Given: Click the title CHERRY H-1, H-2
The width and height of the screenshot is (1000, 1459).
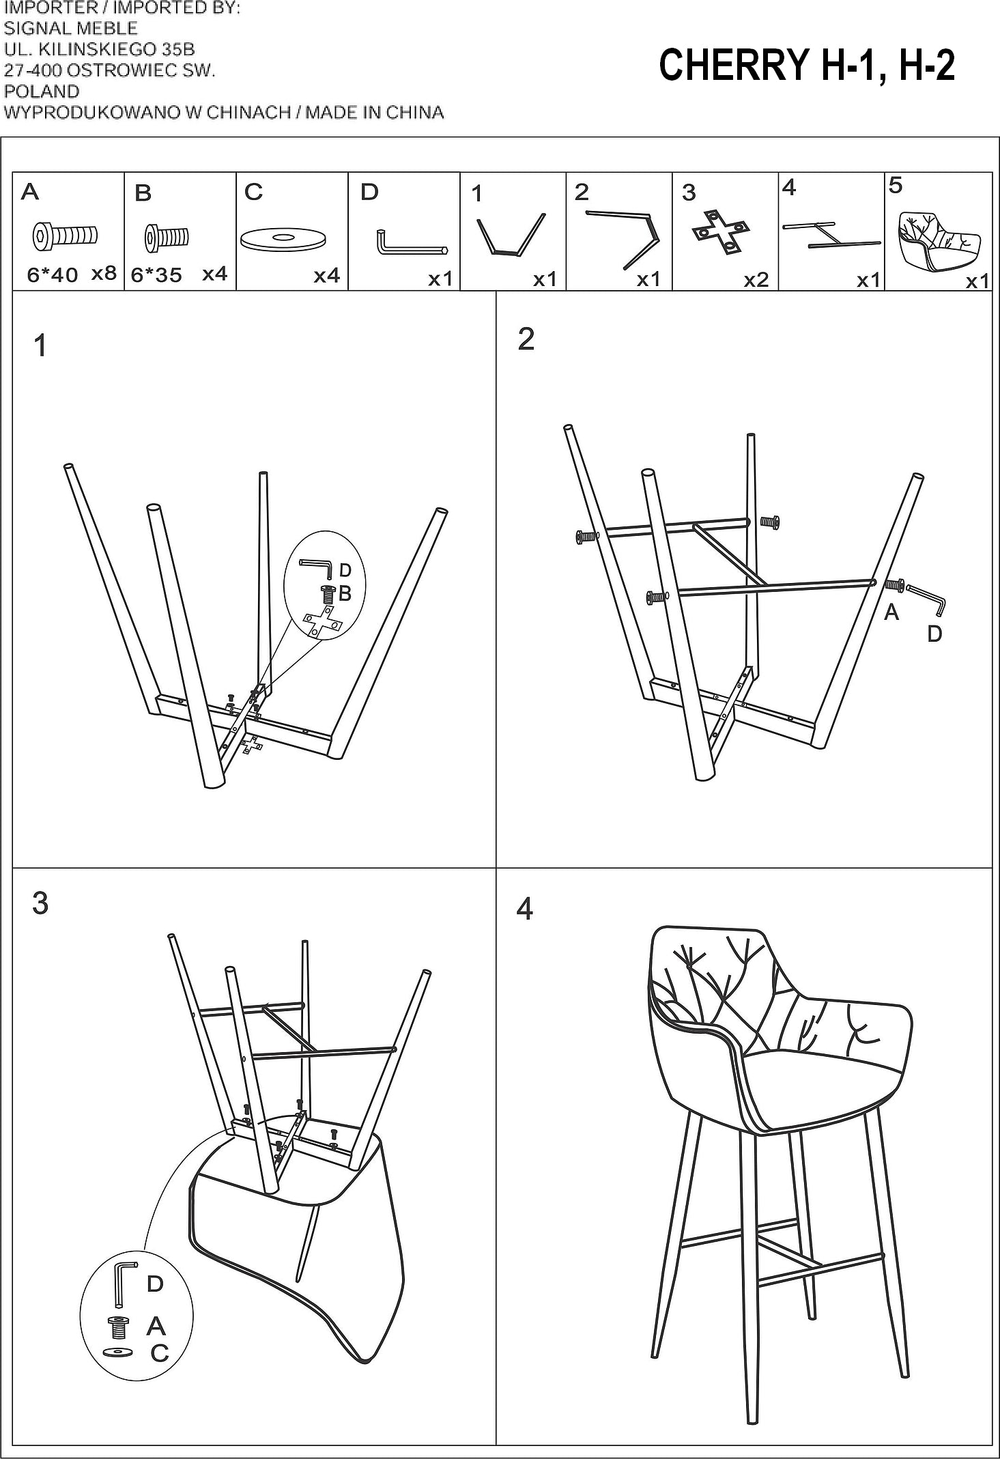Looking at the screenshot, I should click(x=806, y=66).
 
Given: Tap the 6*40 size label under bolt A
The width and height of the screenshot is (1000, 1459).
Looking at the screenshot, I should click(x=52, y=275).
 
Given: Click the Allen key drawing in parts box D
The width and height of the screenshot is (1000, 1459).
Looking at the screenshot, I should click(x=410, y=243).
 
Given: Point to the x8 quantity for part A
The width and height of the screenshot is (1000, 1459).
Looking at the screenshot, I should click(x=104, y=273).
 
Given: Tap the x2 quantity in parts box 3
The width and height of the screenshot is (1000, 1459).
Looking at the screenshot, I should click(x=756, y=279).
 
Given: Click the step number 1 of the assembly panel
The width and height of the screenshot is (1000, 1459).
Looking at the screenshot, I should click(x=40, y=345).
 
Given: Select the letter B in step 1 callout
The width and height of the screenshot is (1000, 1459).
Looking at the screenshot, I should click(x=345, y=594).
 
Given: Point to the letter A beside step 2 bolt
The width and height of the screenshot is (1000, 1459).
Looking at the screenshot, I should click(x=891, y=613).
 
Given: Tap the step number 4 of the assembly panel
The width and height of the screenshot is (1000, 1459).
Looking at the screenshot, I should click(x=524, y=909).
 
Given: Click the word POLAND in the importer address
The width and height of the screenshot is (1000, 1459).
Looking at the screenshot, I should click(x=42, y=91).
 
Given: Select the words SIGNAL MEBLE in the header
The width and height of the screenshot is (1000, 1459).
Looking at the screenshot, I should click(x=70, y=28).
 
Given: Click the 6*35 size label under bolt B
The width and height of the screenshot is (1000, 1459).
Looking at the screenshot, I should click(x=156, y=275).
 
